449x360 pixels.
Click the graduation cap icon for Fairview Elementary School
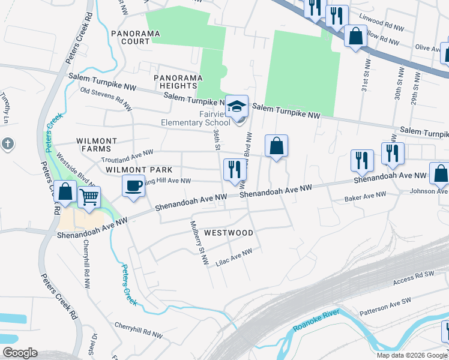(x=237, y=106)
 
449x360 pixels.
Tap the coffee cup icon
(x=133, y=185)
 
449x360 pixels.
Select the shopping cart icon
(x=89, y=196)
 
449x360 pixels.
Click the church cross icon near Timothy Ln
(x=7, y=143)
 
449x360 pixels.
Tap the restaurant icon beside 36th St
(x=234, y=169)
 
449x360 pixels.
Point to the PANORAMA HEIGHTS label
(x=175, y=82)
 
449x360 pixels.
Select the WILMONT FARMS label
(x=93, y=144)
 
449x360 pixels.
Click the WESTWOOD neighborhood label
(x=228, y=232)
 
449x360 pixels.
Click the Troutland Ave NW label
(x=127, y=157)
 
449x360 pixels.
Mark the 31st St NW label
(x=364, y=76)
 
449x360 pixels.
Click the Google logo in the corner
(x=20, y=353)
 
